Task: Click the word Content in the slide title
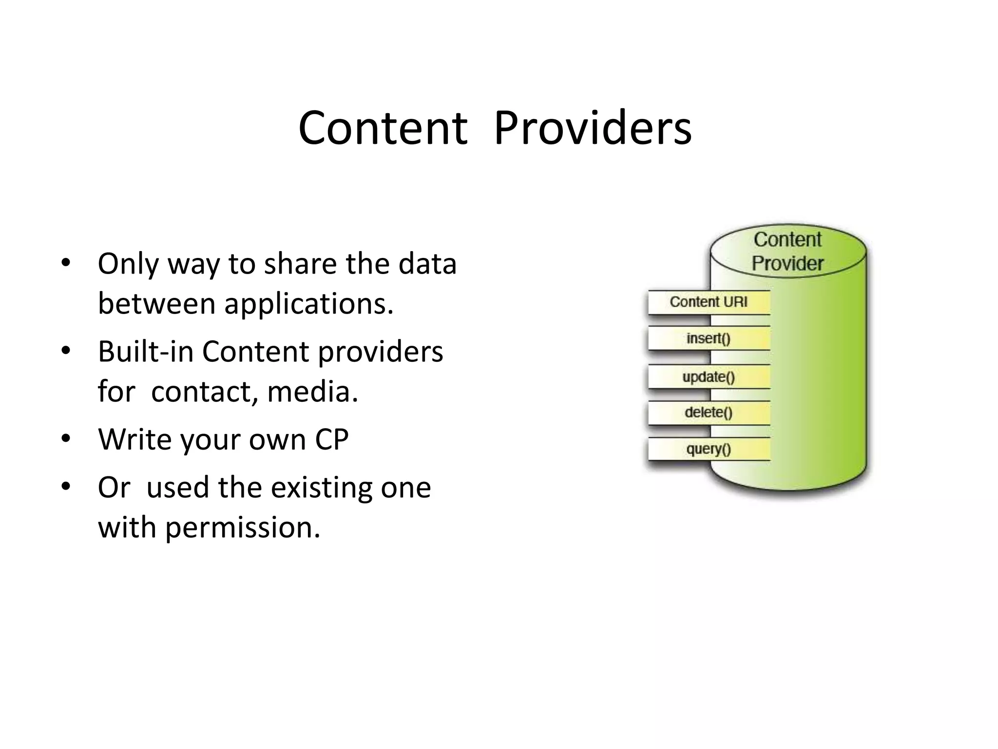(x=383, y=128)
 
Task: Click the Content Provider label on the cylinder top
(x=787, y=252)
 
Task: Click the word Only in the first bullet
(x=128, y=264)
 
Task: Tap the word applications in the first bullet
(x=307, y=304)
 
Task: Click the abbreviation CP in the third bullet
(x=331, y=440)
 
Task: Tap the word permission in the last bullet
(x=242, y=528)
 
